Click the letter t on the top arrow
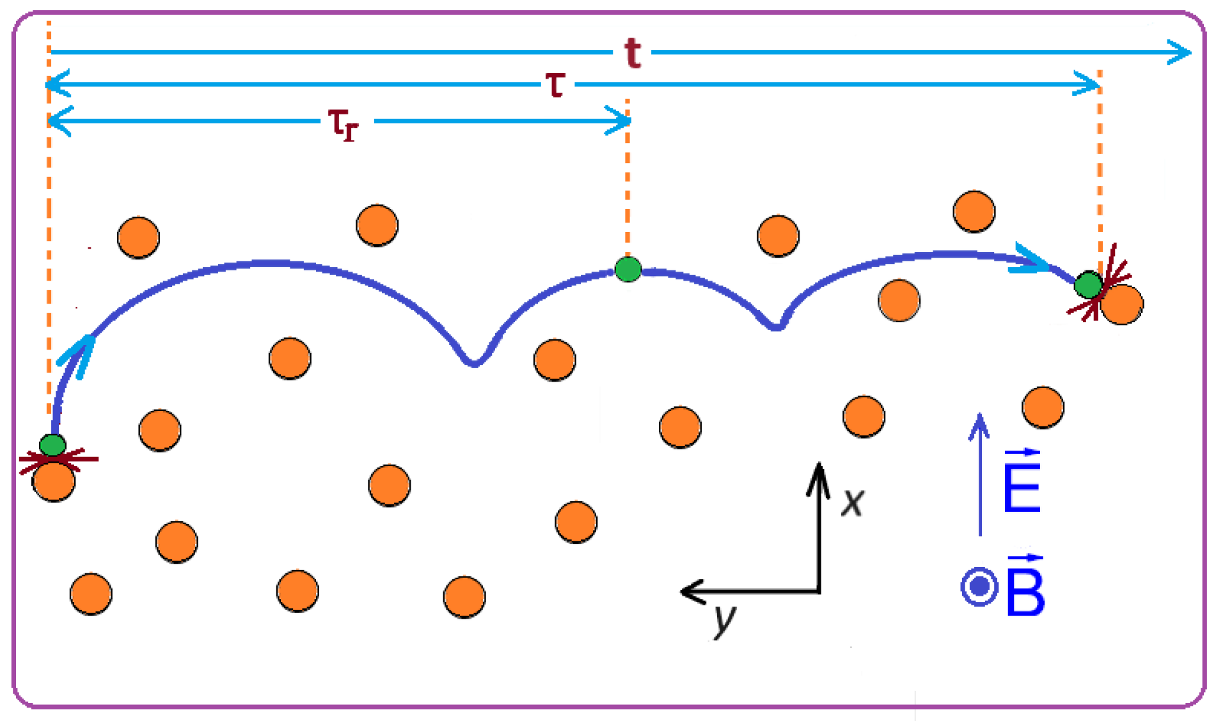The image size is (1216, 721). (x=633, y=52)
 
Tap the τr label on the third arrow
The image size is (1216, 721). (x=343, y=123)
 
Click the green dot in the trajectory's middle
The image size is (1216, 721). (x=628, y=269)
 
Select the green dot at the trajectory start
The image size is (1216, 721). (x=52, y=444)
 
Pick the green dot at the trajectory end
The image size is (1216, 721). (x=1087, y=285)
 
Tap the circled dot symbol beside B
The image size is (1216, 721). (x=979, y=586)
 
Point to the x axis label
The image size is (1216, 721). (x=853, y=502)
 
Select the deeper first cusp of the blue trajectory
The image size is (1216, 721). (x=474, y=364)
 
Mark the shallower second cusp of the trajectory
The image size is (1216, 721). (x=777, y=327)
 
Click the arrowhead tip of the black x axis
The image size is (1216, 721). (x=818, y=466)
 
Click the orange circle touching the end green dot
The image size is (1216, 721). (x=1123, y=305)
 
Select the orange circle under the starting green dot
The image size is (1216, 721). (x=54, y=481)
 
